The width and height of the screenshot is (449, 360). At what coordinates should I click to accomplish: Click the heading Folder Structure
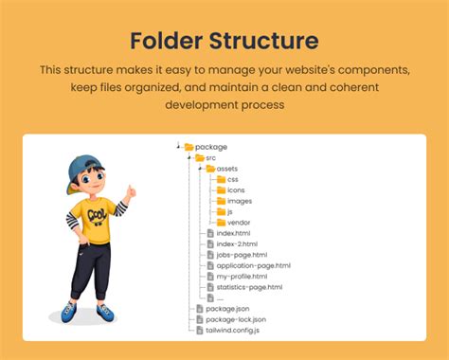pyautogui.click(x=224, y=41)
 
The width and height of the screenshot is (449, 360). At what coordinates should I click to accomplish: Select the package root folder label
pyautogui.click(x=210, y=147)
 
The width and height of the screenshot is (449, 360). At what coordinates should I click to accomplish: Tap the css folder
pyautogui.click(x=232, y=179)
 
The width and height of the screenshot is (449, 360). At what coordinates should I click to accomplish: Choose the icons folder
pyautogui.click(x=236, y=189)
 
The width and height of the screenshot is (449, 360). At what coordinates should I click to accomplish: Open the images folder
pyautogui.click(x=239, y=201)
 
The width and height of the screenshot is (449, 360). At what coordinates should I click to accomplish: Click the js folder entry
pyautogui.click(x=230, y=211)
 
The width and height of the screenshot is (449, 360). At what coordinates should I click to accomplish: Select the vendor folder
pyautogui.click(x=239, y=223)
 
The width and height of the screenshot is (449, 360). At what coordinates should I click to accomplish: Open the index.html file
pyautogui.click(x=234, y=233)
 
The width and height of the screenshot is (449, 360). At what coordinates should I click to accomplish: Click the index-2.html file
pyautogui.click(x=237, y=243)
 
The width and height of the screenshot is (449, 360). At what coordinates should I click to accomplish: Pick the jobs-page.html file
pyautogui.click(x=242, y=255)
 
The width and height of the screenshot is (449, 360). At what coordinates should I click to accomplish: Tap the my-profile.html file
pyautogui.click(x=242, y=276)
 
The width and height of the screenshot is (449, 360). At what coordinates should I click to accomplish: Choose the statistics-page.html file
pyautogui.click(x=248, y=287)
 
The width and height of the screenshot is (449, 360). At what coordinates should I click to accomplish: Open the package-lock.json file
pyautogui.click(x=236, y=319)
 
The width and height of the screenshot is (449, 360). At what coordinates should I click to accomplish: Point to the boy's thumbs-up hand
pyautogui.click(x=130, y=192)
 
